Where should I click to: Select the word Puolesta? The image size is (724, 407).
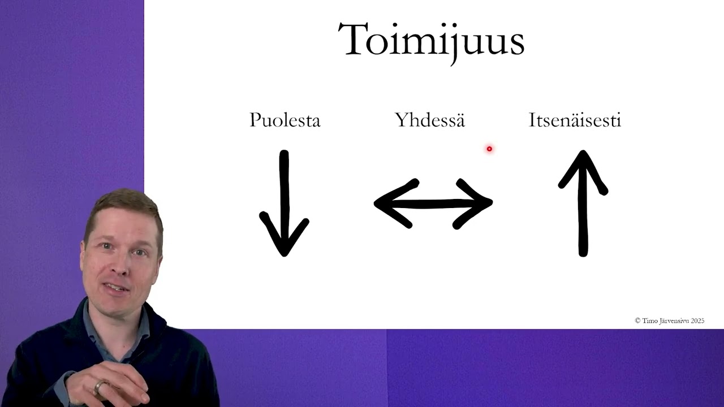[x=285, y=120]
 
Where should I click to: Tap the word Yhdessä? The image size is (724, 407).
[x=430, y=120]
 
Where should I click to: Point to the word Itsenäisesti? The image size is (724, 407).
[x=575, y=120]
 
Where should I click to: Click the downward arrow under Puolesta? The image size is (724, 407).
[x=284, y=203]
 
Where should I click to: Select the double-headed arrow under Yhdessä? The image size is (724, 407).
[x=433, y=203]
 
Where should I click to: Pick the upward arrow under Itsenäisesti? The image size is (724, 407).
[x=583, y=203]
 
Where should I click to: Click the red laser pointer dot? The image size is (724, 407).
[x=489, y=149]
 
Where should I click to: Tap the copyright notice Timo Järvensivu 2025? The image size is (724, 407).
[x=669, y=321]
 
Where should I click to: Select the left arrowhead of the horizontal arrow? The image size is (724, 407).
[x=390, y=203]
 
